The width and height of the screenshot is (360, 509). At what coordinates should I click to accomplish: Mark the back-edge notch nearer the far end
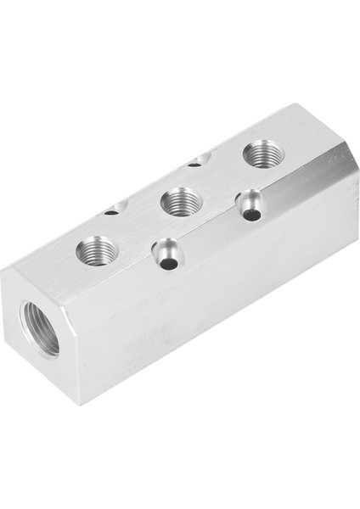coord(197,159)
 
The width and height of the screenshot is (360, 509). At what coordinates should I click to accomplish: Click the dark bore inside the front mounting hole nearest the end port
coord(170,264)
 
